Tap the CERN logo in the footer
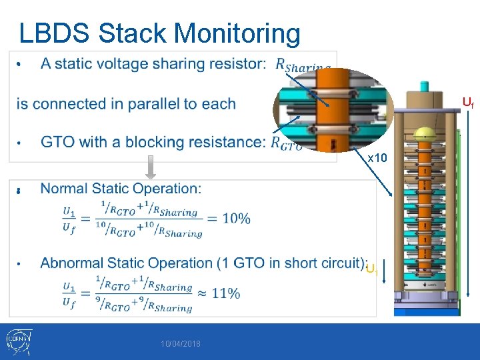pyautogui.click(x=17, y=341)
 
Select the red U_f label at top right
pyautogui.click(x=468, y=102)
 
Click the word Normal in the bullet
pyautogui.click(x=64, y=189)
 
